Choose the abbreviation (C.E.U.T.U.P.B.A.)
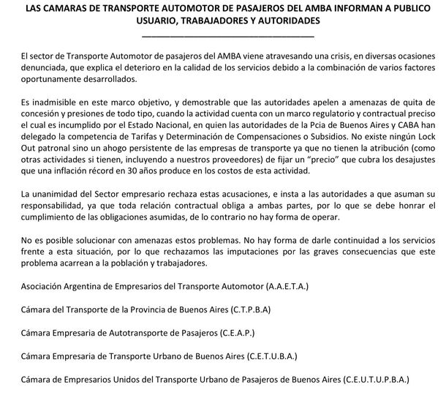tap(366, 381)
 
